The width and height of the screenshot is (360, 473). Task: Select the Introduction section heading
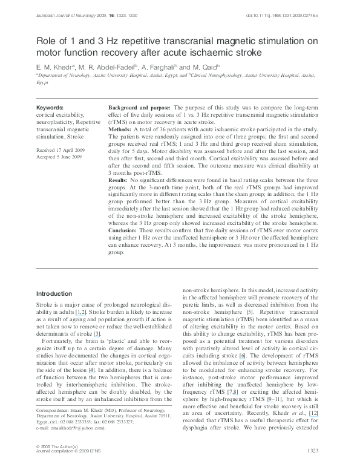tap(54, 293)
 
